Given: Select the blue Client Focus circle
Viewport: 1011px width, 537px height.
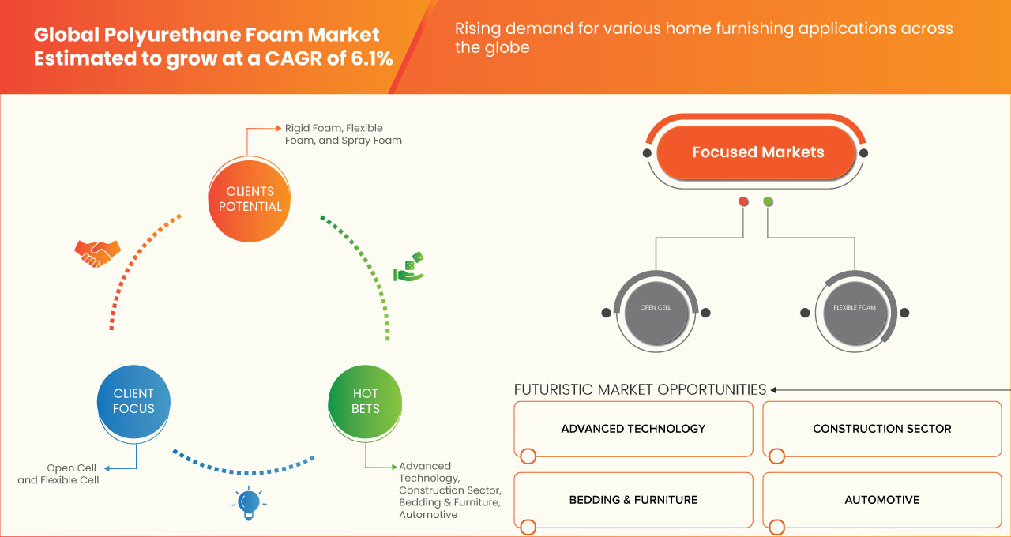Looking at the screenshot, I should [133, 401].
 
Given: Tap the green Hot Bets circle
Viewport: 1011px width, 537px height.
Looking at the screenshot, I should [365, 401].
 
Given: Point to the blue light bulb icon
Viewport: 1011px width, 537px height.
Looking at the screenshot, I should [249, 502].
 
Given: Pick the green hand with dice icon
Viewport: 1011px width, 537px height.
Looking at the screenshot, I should [409, 268].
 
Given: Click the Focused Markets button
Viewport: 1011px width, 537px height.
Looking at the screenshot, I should [757, 152].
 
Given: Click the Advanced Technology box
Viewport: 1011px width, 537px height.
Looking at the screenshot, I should [633, 429].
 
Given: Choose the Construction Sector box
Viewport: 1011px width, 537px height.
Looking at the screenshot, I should [881, 429].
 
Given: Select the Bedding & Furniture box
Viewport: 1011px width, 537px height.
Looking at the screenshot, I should [633, 500].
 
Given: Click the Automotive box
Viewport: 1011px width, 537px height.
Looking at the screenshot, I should [881, 500].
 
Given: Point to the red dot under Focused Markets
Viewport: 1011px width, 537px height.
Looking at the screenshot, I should [743, 202].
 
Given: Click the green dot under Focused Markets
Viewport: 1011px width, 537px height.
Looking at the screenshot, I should [769, 202].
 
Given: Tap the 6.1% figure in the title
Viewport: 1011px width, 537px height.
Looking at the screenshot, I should [370, 59].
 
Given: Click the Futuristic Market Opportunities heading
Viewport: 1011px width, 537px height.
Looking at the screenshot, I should [640, 389].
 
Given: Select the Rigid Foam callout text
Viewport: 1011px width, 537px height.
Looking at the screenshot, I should [333, 134].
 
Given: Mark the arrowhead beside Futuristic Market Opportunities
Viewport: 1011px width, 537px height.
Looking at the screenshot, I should [774, 389].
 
